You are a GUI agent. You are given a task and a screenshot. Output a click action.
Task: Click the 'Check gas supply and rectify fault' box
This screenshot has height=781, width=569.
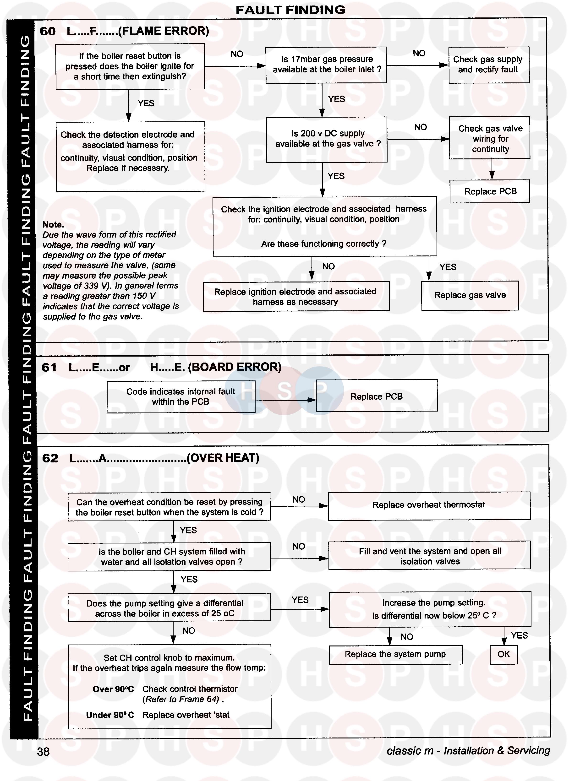[488, 65]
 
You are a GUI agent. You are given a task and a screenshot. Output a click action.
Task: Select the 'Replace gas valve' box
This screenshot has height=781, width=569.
[470, 295]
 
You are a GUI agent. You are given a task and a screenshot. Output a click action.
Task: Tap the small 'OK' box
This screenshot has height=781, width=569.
[503, 654]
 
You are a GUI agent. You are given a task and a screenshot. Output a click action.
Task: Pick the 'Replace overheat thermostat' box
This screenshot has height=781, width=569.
[429, 505]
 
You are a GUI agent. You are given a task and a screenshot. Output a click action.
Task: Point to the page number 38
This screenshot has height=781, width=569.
[44, 752]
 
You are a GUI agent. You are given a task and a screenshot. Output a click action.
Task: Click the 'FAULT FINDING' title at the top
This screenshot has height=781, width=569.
[290, 10]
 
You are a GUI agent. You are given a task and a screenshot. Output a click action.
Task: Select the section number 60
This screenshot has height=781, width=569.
[48, 31]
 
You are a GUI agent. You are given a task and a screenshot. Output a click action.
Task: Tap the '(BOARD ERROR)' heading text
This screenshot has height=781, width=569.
[235, 367]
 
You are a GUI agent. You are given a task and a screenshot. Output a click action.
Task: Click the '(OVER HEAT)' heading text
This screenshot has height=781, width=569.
[223, 458]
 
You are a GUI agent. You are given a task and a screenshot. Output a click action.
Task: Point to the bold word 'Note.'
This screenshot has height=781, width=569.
[53, 224]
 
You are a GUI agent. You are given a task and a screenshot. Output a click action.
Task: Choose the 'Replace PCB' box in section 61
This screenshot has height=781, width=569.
[377, 396]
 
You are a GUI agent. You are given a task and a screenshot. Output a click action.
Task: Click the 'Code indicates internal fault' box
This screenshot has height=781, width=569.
[181, 397]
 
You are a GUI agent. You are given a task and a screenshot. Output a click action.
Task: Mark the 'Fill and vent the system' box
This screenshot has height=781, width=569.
[430, 556]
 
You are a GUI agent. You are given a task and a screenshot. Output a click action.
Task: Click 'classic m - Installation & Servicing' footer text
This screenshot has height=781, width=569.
[468, 751]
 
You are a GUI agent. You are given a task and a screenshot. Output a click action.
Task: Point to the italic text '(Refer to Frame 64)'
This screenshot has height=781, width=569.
[183, 700]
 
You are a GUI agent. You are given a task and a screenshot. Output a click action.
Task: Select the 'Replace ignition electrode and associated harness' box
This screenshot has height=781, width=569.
[295, 297]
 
